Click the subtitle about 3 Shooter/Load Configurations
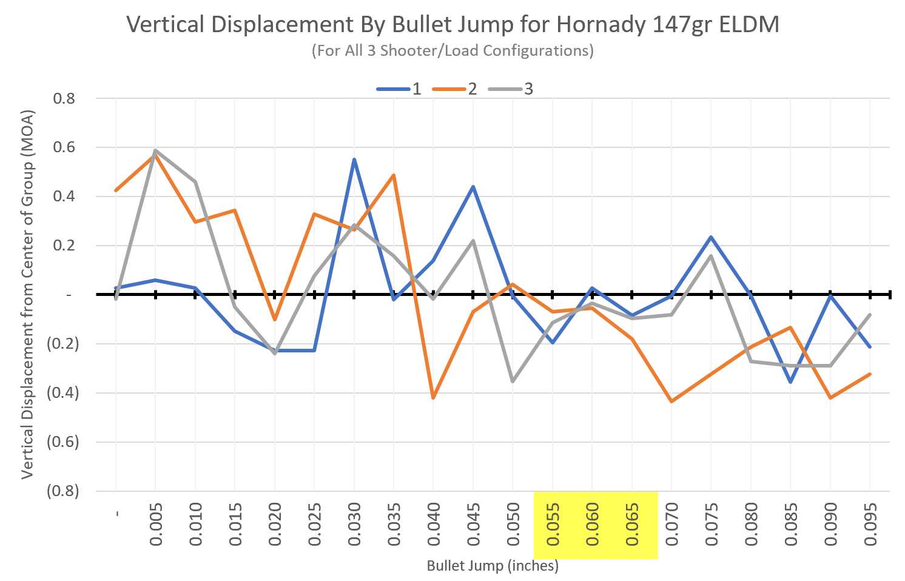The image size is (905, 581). [x=452, y=50]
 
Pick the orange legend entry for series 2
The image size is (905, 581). [x=455, y=89]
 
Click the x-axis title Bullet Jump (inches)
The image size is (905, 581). [x=493, y=566]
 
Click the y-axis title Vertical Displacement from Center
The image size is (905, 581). [x=27, y=294]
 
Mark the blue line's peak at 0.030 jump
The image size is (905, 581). [x=354, y=160]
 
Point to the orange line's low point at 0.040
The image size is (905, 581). [x=433, y=398]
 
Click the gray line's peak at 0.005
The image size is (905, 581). [x=156, y=150]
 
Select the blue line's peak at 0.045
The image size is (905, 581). [x=473, y=187]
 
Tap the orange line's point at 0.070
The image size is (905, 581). [x=671, y=401]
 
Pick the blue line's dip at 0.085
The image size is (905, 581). [x=790, y=382]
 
